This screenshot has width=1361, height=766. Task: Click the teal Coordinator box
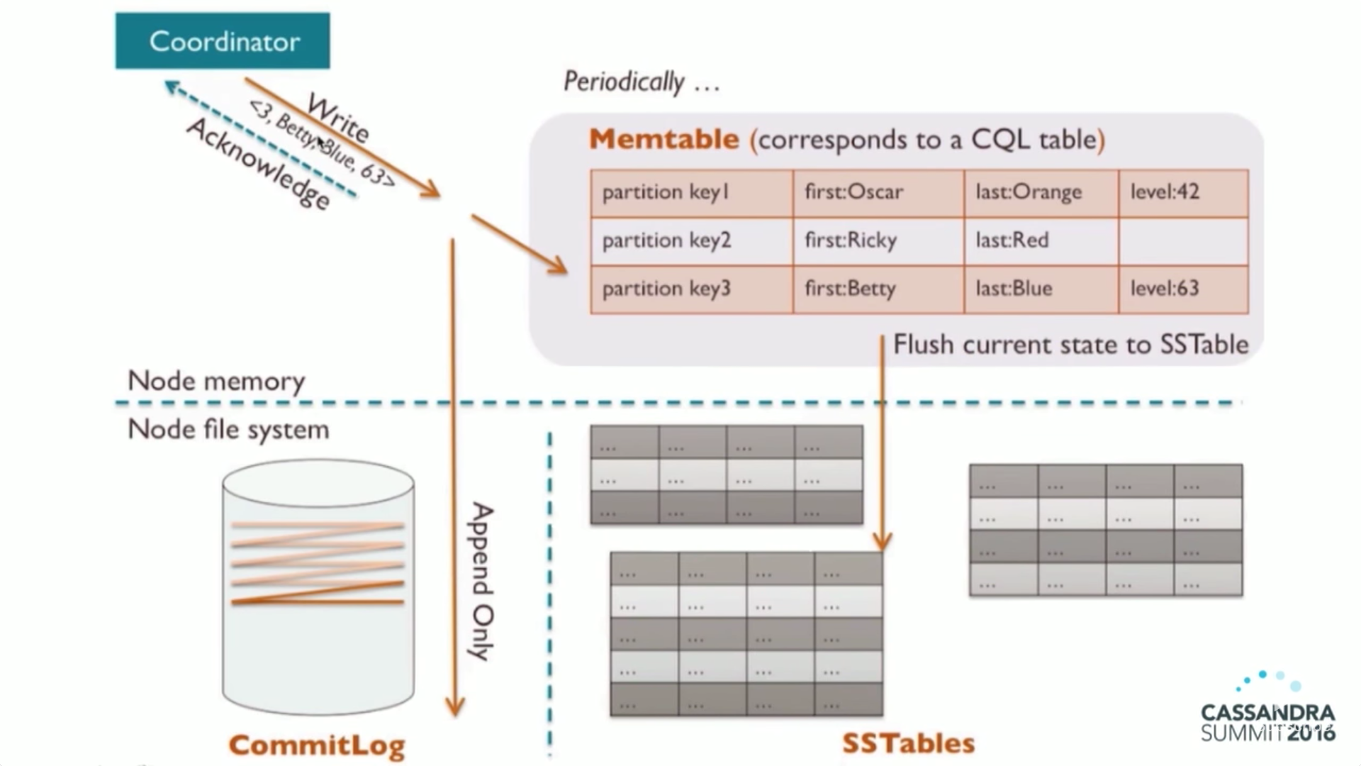point(223,40)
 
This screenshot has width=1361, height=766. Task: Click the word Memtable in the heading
point(664,139)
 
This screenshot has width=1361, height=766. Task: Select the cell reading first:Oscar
point(878,193)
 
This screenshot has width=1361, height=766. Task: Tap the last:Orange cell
point(1041,193)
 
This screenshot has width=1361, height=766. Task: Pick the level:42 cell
point(1184,193)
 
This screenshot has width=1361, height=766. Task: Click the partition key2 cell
point(692,241)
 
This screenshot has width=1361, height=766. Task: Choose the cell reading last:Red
point(1041,241)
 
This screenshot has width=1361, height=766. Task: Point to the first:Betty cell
point(878,289)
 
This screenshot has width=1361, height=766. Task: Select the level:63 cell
point(1184,289)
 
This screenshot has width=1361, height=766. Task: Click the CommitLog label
point(317,745)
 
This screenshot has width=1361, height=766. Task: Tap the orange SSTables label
point(909,743)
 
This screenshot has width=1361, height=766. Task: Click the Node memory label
point(216,381)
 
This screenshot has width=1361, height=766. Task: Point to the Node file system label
point(228,430)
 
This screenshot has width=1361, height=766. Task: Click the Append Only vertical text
point(482,582)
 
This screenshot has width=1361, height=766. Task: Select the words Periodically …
point(642,82)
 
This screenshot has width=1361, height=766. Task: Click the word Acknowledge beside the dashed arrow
point(259,164)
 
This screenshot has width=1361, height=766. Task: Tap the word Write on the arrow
point(338,118)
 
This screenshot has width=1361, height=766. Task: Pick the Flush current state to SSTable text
point(1070,345)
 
